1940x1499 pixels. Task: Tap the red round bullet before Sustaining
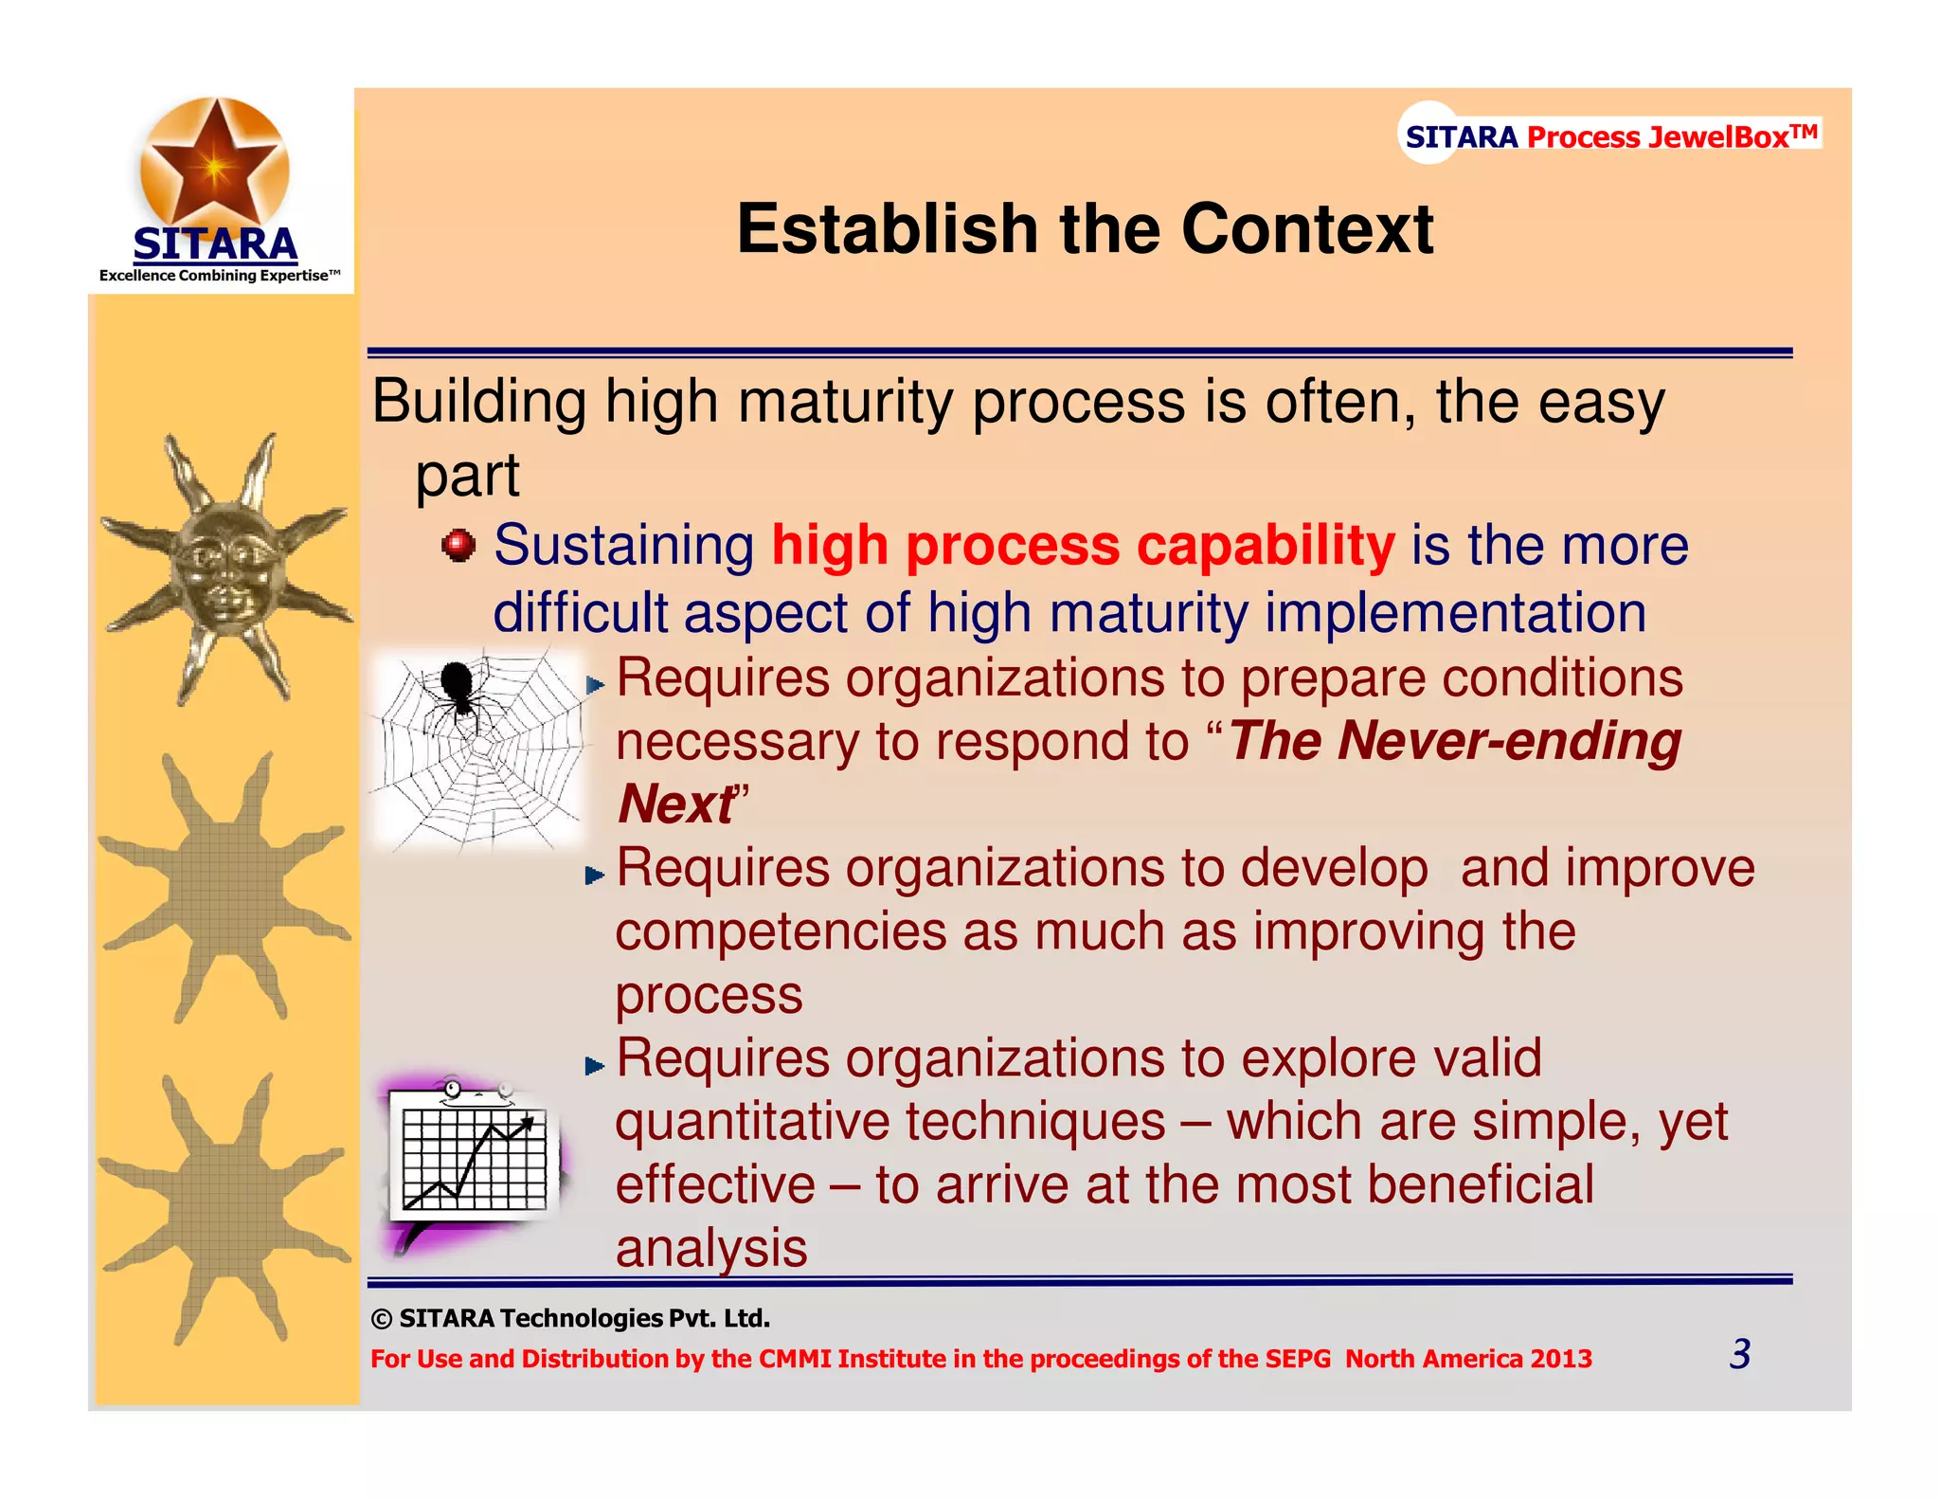click(459, 546)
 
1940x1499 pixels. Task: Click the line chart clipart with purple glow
click(474, 1161)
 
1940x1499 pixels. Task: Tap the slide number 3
click(1739, 1354)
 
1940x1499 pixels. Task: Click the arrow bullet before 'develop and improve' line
click(595, 875)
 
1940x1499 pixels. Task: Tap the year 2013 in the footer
click(1561, 1359)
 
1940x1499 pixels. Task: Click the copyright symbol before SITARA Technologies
click(381, 1319)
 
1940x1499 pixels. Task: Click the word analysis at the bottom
click(710, 1249)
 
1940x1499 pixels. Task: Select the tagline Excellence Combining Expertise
click(219, 276)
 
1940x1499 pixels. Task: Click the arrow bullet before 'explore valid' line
click(595, 1066)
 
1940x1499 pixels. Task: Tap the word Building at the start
click(478, 403)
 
